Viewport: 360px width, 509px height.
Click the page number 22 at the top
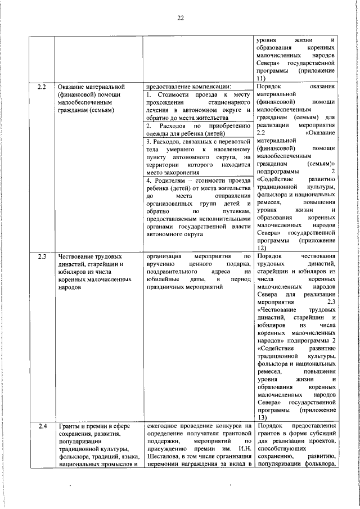[x=181, y=18]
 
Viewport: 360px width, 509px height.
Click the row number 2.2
[x=41, y=88]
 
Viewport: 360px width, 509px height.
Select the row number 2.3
[x=41, y=256]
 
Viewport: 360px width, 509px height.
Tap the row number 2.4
[x=41, y=426]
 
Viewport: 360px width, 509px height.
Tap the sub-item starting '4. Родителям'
[x=197, y=205]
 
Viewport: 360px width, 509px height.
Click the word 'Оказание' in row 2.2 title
[x=71, y=88]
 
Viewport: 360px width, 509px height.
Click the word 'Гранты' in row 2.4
[x=69, y=426]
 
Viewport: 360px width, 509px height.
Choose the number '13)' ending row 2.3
[x=260, y=417]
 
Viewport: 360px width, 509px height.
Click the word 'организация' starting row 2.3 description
[x=164, y=256]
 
